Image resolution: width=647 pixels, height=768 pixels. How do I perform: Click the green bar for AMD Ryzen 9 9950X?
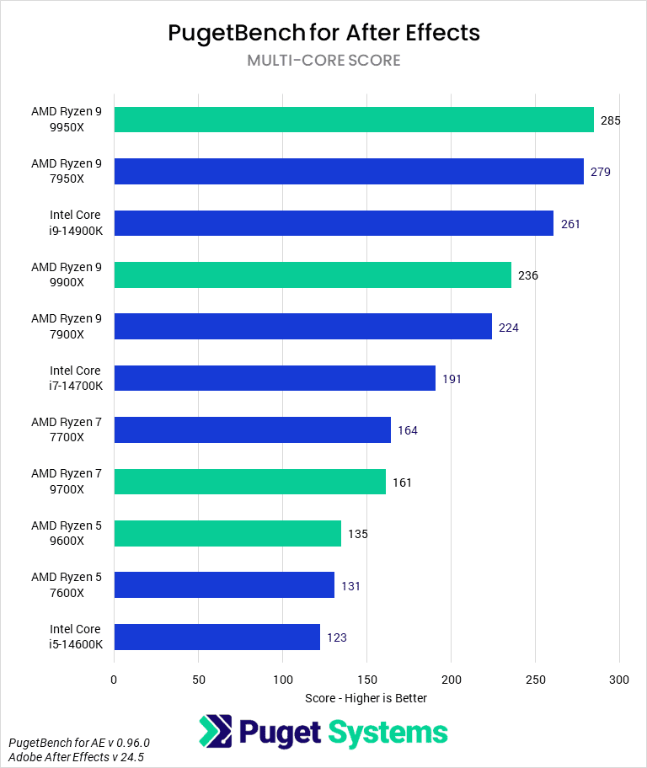coord(354,120)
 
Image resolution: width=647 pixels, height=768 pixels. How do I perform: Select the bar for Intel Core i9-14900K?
coord(334,223)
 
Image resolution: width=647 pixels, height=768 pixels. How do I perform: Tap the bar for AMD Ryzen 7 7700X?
coord(252,429)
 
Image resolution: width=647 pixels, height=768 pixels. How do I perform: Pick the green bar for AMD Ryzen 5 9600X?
coord(227,533)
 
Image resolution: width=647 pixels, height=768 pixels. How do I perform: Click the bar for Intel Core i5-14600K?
coord(217,637)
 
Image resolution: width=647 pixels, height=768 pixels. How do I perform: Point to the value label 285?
coord(610,120)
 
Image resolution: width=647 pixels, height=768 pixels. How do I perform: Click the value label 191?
coord(452,379)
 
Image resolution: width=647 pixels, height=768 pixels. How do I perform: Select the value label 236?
coord(527,275)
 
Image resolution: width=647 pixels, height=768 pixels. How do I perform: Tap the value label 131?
coord(350,585)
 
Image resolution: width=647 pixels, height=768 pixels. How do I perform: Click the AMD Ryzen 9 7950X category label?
coord(66,171)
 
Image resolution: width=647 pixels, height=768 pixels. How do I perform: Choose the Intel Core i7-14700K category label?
coord(74,378)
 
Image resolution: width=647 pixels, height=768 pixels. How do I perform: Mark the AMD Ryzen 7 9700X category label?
coord(66,482)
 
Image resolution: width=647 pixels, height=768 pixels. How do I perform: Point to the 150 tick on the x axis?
coord(366,679)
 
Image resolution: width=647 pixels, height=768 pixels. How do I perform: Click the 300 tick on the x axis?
coord(619,679)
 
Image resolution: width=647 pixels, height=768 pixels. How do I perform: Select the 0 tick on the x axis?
coord(114,679)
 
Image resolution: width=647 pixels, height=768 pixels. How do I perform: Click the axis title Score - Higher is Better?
coord(366,698)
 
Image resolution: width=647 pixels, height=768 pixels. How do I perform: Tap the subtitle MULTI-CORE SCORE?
coord(323,61)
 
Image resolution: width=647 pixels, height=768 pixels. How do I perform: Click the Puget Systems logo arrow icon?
coord(215,732)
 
